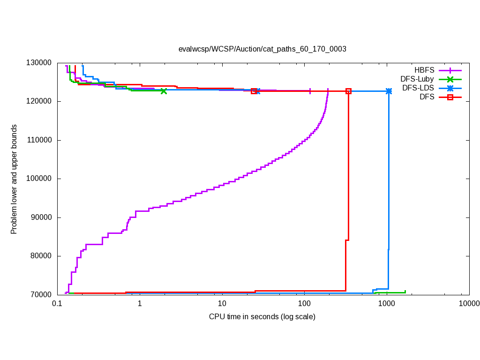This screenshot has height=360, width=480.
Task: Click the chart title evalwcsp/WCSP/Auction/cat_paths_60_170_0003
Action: tap(262, 49)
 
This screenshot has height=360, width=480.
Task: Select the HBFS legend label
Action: tap(424, 70)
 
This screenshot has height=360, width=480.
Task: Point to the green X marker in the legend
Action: tap(450, 79)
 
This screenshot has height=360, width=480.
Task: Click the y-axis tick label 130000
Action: tap(38, 63)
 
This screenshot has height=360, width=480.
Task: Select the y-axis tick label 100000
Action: tap(38, 179)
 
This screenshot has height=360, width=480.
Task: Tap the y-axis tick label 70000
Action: tap(40, 294)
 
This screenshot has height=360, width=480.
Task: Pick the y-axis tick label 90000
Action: tap(40, 217)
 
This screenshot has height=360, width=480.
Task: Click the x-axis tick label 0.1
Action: tap(57, 304)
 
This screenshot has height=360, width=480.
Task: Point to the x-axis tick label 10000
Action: tap(469, 304)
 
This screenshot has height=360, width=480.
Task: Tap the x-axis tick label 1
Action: tap(140, 304)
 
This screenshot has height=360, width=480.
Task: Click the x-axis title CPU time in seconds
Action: tap(262, 317)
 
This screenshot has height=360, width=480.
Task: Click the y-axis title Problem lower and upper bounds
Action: tap(14, 179)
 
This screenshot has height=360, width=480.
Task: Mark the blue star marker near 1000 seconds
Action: tap(389, 91)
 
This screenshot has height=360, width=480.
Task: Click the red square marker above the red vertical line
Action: tap(348, 91)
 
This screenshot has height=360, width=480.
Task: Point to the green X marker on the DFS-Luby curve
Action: tap(164, 91)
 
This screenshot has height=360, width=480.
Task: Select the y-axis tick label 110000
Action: tap(38, 140)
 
